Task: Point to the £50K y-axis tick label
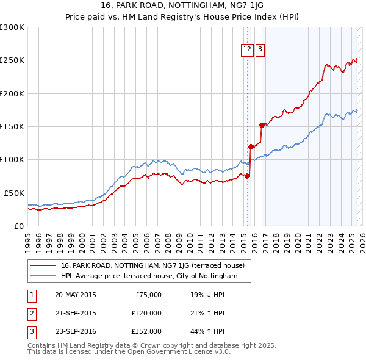tap(13, 193)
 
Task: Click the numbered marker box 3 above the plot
tap(260, 50)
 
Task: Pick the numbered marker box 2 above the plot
tap(250, 50)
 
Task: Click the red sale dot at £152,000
tap(262, 125)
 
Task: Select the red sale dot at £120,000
tap(251, 146)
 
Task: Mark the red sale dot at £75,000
tap(247, 176)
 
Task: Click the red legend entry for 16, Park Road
tap(152, 265)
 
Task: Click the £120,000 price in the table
tap(146, 314)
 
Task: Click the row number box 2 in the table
tap(31, 314)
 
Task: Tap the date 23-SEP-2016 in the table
tap(76, 332)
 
